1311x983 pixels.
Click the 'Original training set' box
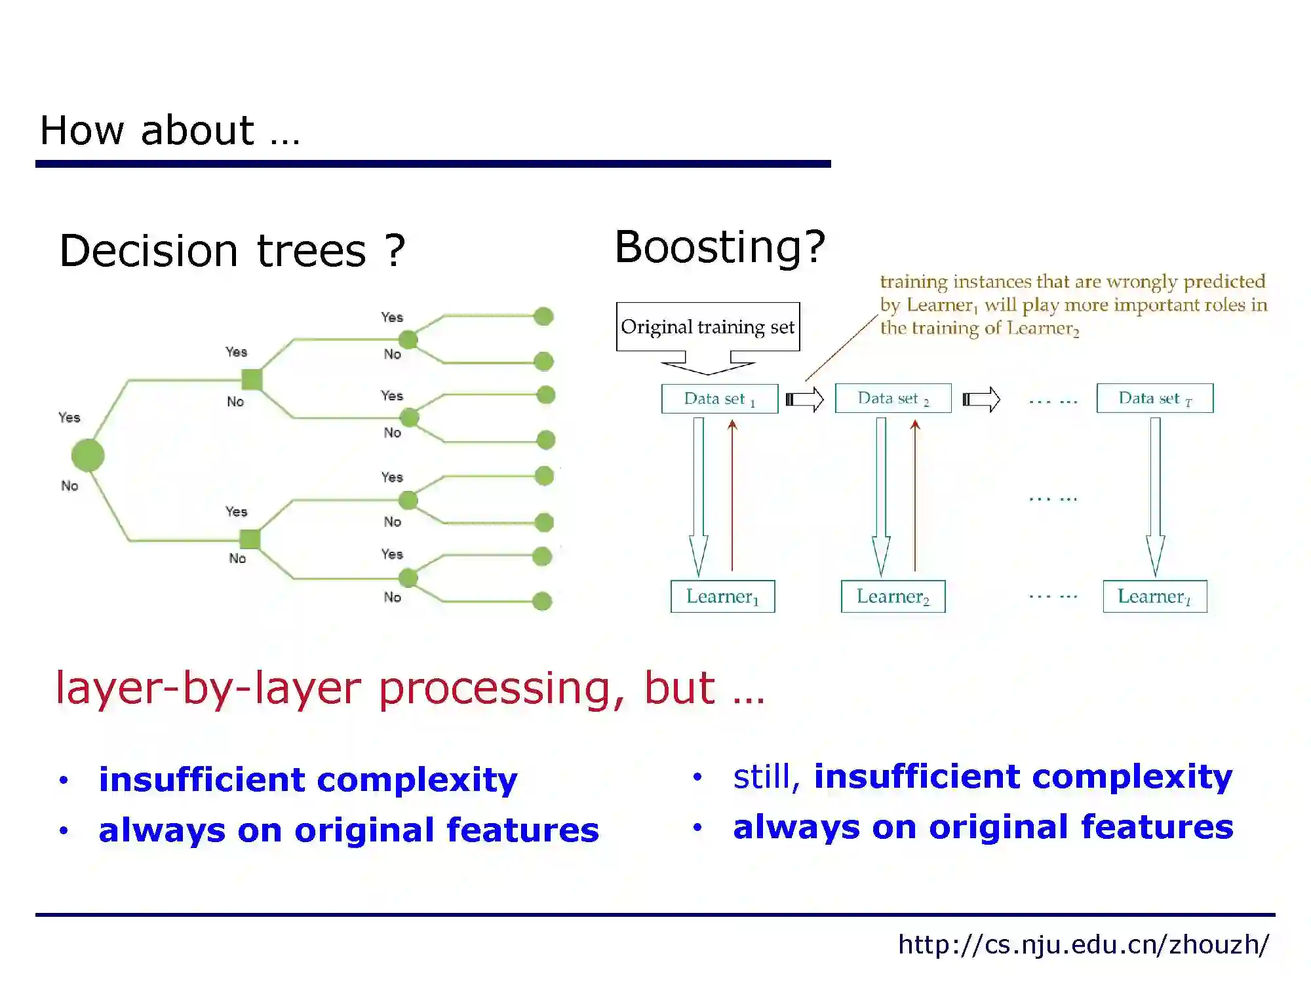click(x=708, y=326)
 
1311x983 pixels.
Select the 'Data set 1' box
click(x=720, y=398)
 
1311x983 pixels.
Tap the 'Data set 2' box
click(x=893, y=398)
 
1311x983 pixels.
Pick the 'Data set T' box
click(x=1154, y=398)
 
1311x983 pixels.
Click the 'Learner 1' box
click(x=722, y=596)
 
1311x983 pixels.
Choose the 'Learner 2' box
click(x=893, y=596)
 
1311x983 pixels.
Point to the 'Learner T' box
click(x=1154, y=596)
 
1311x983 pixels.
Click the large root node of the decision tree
click(x=88, y=455)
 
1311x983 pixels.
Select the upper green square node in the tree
click(x=252, y=379)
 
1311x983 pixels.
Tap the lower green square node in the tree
click(x=250, y=539)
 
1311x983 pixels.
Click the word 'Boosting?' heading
click(x=720, y=247)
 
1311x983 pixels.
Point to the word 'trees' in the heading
click(x=311, y=251)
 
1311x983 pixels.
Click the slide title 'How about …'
click(x=170, y=130)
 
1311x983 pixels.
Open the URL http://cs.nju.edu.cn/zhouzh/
click(x=1083, y=944)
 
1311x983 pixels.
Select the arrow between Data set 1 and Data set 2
click(x=805, y=399)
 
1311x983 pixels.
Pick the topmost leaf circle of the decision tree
click(x=543, y=317)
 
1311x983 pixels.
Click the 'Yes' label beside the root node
click(x=69, y=417)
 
